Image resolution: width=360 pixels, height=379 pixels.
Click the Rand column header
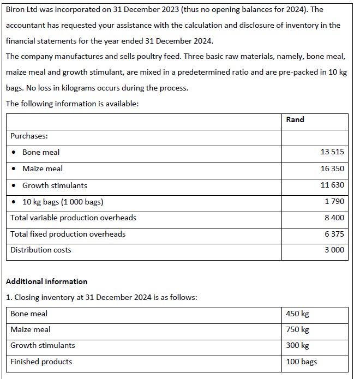295,119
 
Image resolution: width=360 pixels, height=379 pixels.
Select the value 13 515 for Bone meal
332,152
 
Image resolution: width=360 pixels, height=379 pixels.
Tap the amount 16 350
332,169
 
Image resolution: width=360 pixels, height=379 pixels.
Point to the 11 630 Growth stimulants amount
332,185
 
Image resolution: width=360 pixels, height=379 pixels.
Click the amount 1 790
334,202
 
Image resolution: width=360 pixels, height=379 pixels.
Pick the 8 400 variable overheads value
334,218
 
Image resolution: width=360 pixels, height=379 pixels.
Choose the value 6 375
334,234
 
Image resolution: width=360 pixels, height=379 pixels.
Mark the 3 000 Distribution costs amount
334,250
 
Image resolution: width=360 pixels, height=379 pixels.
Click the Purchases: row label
29,136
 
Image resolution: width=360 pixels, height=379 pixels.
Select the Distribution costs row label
41,250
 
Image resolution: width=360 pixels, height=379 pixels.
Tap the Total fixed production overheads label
68,234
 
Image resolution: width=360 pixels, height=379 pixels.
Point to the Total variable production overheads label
74,218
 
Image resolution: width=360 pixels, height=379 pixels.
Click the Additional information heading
46,281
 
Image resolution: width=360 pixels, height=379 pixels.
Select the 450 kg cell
297,314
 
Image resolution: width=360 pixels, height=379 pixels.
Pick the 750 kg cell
297,329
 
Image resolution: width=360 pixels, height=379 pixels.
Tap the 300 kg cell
297,345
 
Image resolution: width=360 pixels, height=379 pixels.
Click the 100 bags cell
301,362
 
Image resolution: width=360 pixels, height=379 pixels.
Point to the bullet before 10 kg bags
14,202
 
